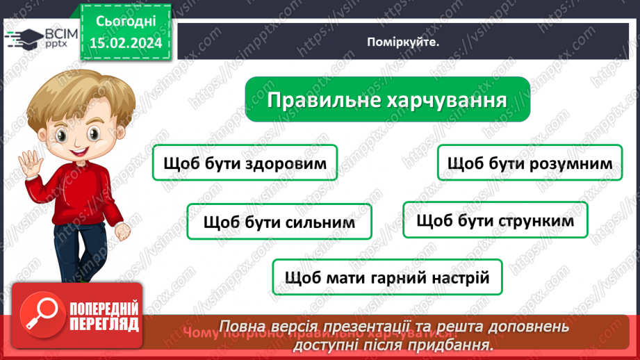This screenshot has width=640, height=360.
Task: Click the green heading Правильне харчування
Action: pos(387,99)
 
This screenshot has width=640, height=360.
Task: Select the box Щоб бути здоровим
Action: pos(244,163)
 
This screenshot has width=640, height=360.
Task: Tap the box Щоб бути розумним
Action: pos(530,163)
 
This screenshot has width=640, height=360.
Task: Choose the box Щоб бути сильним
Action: pos(279,222)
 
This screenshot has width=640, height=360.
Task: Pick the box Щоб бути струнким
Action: pos(495,220)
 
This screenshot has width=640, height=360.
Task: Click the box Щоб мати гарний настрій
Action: pos(387,277)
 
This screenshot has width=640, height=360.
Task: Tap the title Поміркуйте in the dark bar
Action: pos(404,42)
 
